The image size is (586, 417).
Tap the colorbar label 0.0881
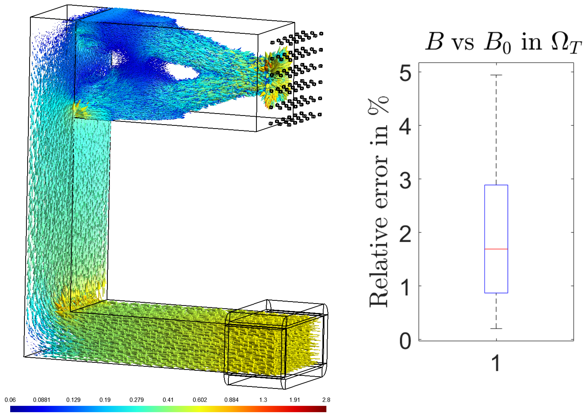pyautogui.click(x=42, y=400)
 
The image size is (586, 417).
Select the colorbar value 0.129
pyautogui.click(x=73, y=400)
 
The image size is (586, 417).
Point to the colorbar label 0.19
pyautogui.click(x=105, y=400)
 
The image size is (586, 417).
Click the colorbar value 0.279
pyautogui.click(x=136, y=400)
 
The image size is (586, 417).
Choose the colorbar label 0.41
pyautogui.click(x=168, y=400)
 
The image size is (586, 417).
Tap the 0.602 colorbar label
pyautogui.click(x=200, y=400)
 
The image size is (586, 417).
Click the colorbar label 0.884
pyautogui.click(x=231, y=400)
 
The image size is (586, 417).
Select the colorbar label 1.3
pyautogui.click(x=263, y=400)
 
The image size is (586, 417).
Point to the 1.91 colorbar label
pyautogui.click(x=294, y=400)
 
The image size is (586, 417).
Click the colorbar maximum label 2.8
pyautogui.click(x=326, y=400)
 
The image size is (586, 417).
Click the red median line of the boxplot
pyautogui.click(x=496, y=249)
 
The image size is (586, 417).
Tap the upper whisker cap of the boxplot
pyautogui.click(x=496, y=75)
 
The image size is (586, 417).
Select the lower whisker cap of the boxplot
pyautogui.click(x=496, y=328)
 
